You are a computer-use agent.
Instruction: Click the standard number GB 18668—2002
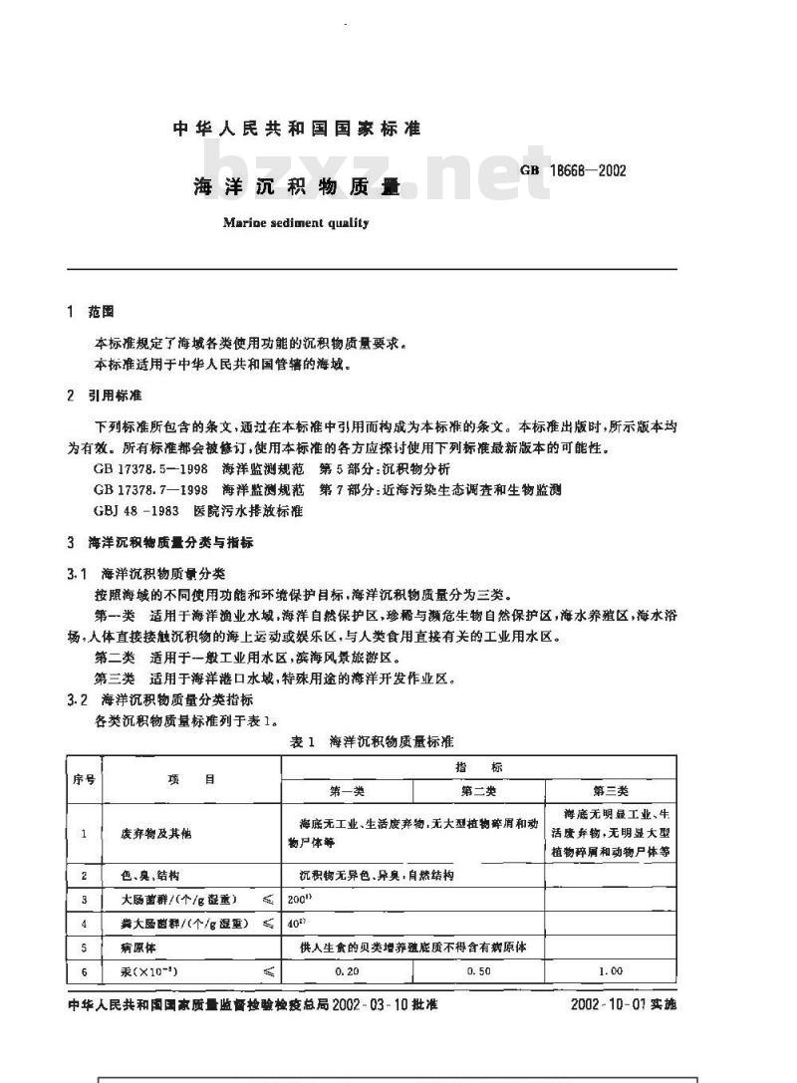pyautogui.click(x=573, y=170)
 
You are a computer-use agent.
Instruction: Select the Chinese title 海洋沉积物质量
pyautogui.click(x=295, y=186)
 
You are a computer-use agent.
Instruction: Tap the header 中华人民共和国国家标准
pyautogui.click(x=297, y=129)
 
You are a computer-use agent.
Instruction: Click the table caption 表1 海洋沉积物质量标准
pyautogui.click(x=372, y=742)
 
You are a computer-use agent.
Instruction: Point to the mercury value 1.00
pyautogui.click(x=611, y=970)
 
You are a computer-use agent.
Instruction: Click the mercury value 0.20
pyautogui.click(x=348, y=970)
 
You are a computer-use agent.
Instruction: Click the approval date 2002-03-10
pyautogui.click(x=371, y=1004)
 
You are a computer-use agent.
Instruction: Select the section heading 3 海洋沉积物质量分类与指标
pyautogui.click(x=159, y=543)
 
